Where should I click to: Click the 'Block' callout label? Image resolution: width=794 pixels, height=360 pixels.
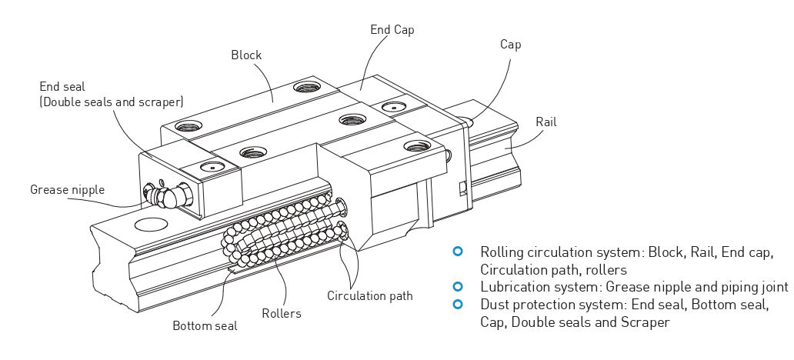[x=246, y=55]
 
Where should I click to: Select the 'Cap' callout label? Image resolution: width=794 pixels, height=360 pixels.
[x=510, y=45]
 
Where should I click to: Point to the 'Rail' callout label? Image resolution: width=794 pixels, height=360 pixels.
[x=545, y=122]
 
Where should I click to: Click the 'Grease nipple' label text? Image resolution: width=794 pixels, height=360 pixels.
[x=67, y=189]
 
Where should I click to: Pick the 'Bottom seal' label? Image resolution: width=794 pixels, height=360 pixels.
[x=205, y=325]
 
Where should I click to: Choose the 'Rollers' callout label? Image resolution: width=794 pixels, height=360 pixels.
[x=282, y=313]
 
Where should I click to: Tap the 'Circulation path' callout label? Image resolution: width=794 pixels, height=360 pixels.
[x=369, y=295]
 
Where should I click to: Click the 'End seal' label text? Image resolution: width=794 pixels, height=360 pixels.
[x=62, y=87]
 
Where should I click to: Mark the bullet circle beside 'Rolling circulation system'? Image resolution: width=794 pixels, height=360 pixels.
[x=459, y=252]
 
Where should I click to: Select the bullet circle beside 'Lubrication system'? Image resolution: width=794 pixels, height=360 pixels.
[x=459, y=286]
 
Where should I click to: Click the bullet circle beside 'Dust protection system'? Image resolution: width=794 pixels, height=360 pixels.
[x=459, y=304]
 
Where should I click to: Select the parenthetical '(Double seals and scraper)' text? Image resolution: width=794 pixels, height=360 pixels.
[x=111, y=102]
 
